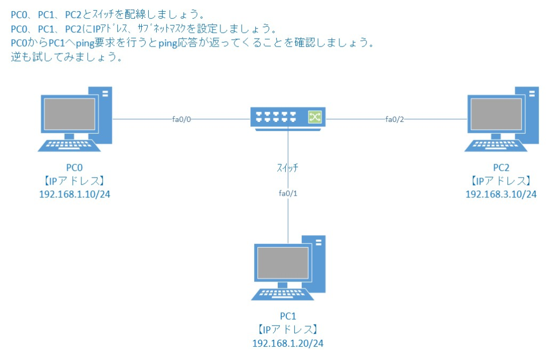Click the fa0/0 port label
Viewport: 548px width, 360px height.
[181, 119]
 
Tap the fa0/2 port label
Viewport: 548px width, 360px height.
[394, 119]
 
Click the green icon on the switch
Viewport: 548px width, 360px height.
[313, 117]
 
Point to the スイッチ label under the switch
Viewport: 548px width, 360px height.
[287, 167]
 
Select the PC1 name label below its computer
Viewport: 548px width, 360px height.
[288, 317]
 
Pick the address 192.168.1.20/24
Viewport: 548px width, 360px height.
[288, 342]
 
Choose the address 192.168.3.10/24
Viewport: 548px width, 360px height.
[501, 194]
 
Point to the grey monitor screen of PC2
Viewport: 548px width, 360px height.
[495, 114]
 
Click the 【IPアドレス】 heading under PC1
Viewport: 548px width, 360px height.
[288, 330]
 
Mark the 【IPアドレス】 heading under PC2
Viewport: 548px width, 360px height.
[501, 181]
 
